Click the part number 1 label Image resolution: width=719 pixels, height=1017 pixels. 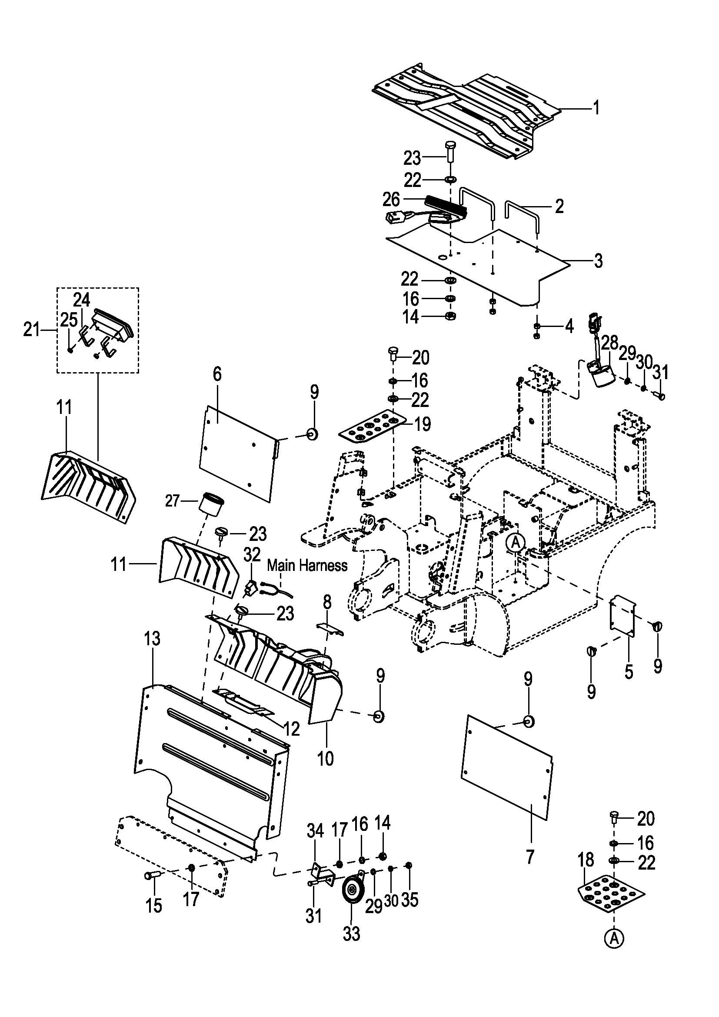click(x=596, y=108)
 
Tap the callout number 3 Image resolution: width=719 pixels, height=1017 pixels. click(x=598, y=261)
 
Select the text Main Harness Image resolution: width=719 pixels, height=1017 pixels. click(x=307, y=566)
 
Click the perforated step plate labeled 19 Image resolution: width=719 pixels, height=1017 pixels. click(x=373, y=428)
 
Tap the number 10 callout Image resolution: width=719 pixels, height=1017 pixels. click(x=326, y=758)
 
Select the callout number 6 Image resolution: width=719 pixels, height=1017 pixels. click(x=217, y=374)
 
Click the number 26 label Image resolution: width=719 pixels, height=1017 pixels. click(x=391, y=200)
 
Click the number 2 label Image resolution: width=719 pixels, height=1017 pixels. click(x=559, y=206)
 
